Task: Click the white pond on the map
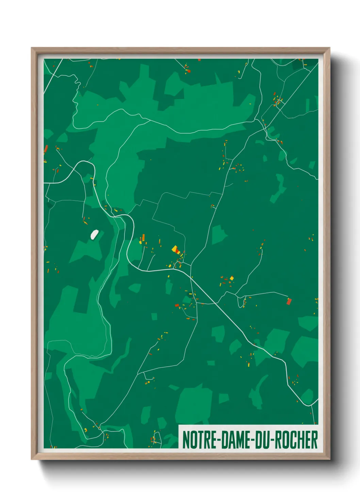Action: [94, 234]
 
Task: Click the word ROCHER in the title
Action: [296, 440]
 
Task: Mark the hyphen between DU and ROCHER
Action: [272, 440]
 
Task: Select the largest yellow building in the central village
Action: [175, 249]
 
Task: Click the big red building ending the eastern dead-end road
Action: [289, 301]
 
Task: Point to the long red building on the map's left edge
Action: [46, 149]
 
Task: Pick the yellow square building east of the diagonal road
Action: [232, 278]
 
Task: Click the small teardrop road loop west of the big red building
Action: [243, 303]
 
